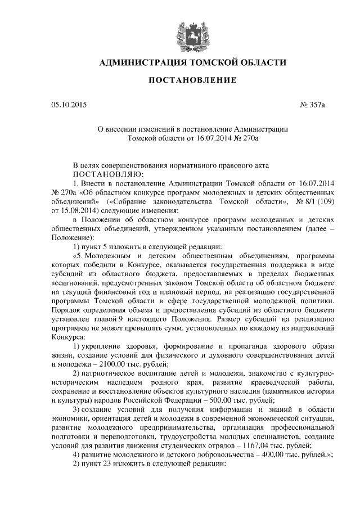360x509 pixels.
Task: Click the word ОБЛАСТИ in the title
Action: tap(253, 62)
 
